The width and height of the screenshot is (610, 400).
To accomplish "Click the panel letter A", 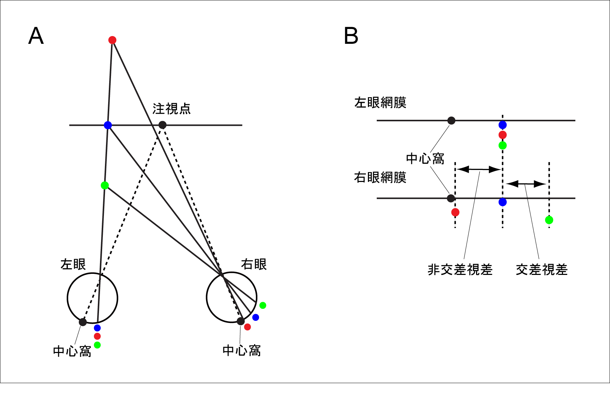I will pyautogui.click(x=36, y=36).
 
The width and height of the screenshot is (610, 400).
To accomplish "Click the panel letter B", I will pyautogui.click(x=351, y=36).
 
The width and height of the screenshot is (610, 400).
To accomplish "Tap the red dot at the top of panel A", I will pyautogui.click(x=112, y=40).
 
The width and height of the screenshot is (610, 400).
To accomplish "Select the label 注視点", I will pyautogui.click(x=171, y=109).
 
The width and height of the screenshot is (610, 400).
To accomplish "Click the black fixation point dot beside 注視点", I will pyautogui.click(x=162, y=125).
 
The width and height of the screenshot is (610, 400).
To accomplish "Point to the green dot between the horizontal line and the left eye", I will pyautogui.click(x=105, y=185).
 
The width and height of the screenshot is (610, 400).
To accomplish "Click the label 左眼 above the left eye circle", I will pyautogui.click(x=73, y=264).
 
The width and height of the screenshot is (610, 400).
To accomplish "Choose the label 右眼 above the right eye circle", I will pyautogui.click(x=254, y=264).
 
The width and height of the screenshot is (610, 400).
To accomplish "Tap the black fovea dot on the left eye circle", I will pyautogui.click(x=83, y=322).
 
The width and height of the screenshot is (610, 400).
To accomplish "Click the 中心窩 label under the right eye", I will pyautogui.click(x=242, y=351).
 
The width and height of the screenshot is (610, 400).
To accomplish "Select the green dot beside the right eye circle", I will pyautogui.click(x=263, y=305).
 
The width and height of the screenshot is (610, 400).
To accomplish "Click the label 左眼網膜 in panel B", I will pyautogui.click(x=380, y=103).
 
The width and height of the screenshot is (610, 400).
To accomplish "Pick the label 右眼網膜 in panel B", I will pyautogui.click(x=380, y=177).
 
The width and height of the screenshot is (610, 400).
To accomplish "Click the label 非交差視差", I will pyautogui.click(x=460, y=270).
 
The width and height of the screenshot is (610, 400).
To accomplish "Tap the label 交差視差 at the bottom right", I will pyautogui.click(x=541, y=270).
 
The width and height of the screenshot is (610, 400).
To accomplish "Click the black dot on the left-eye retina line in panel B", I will pyautogui.click(x=451, y=120).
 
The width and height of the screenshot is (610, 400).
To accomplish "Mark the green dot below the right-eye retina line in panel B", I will pyautogui.click(x=549, y=220).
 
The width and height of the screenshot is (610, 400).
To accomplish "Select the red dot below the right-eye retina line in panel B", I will pyautogui.click(x=455, y=212).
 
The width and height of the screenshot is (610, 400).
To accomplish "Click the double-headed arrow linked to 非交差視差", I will pyautogui.click(x=479, y=170).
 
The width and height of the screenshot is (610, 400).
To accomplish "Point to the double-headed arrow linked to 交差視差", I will pyautogui.click(x=526, y=184).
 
